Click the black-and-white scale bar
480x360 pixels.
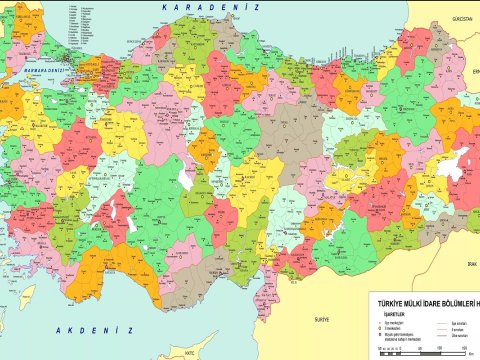click(x=400, y=350)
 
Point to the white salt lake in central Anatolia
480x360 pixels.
click(x=184, y=176)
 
